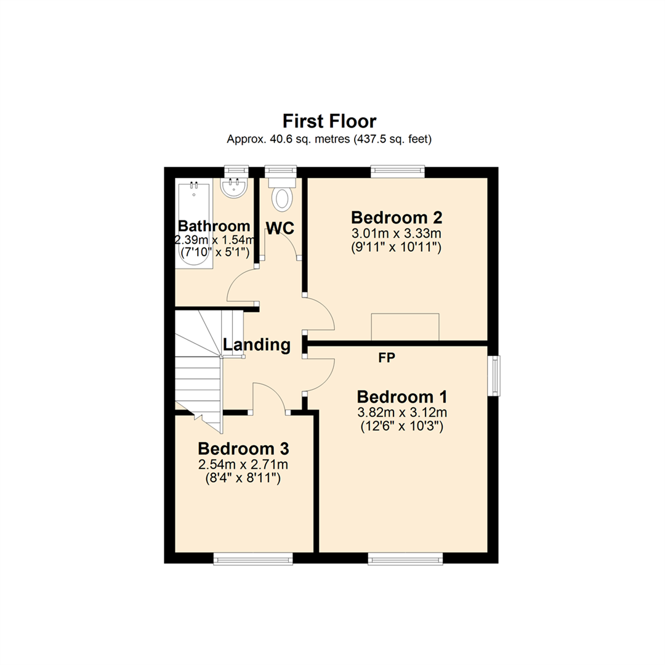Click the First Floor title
click(x=329, y=120)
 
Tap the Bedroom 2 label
click(x=397, y=217)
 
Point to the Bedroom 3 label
click(x=244, y=448)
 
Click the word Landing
click(x=256, y=345)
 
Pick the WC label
click(x=280, y=228)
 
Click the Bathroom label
click(x=214, y=226)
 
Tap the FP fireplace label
click(x=387, y=358)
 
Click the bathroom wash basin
click(x=234, y=188)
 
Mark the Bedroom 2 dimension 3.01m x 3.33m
click(x=397, y=234)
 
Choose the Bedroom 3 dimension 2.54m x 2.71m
click(x=244, y=464)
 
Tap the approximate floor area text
click(x=329, y=140)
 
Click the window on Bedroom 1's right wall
click(x=494, y=375)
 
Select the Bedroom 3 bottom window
click(x=253, y=558)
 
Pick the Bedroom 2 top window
click(x=398, y=171)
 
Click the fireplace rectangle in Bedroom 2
click(x=405, y=326)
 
